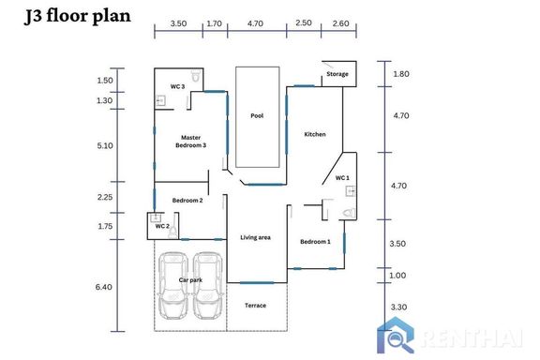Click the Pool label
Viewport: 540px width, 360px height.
tap(257, 115)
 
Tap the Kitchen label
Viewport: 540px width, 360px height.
tap(315, 134)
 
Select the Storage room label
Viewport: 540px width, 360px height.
tap(337, 74)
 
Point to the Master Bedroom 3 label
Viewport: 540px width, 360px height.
tap(191, 142)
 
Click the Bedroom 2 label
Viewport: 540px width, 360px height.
tap(187, 200)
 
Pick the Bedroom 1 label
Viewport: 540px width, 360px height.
tap(315, 242)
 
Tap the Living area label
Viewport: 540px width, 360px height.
tap(255, 237)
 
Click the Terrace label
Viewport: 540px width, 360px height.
tap(255, 306)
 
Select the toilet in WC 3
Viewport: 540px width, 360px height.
tap(196, 76)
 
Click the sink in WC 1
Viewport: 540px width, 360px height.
tap(351, 191)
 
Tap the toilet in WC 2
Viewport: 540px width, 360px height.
tap(172, 232)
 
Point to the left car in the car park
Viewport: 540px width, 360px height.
tap(173, 286)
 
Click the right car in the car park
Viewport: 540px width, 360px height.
tap(208, 286)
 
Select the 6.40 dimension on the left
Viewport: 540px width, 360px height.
tap(104, 287)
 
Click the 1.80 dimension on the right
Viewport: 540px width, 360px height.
tap(401, 74)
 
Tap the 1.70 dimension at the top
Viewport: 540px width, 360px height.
tap(214, 23)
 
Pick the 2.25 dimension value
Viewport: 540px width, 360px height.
tap(105, 197)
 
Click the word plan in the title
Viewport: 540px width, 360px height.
tap(112, 17)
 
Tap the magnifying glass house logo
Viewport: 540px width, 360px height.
tap(396, 335)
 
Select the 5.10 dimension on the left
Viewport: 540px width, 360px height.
tap(105, 145)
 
